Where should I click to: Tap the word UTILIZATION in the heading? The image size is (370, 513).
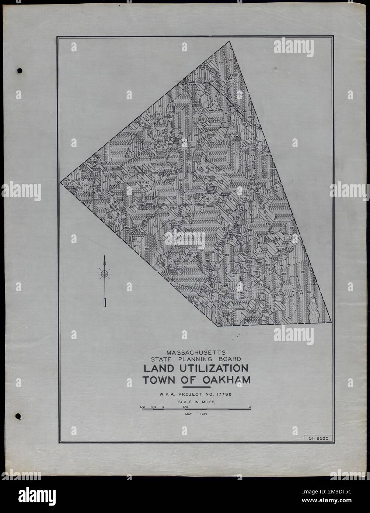coord(212,369)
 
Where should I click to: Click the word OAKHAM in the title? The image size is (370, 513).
coord(226,380)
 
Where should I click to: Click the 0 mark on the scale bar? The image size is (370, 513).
coord(163,407)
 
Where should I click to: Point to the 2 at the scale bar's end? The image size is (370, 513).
coord(250,407)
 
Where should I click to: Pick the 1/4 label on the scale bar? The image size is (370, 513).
coord(153,407)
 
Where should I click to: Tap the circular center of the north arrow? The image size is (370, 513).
coord(105,273)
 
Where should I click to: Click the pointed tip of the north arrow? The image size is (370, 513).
coord(105,256)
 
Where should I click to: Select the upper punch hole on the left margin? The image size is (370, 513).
coord(20,70)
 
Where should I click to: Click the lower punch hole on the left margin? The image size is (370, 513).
coord(18,417)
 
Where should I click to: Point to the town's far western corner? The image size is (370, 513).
coord(61,182)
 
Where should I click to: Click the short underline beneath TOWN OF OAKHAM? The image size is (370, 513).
coord(196,388)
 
